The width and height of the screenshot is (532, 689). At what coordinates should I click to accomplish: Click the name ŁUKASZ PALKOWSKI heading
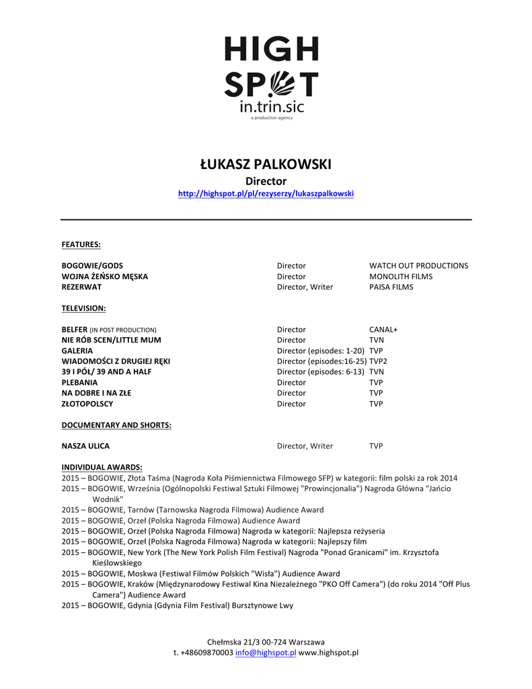point(266,165)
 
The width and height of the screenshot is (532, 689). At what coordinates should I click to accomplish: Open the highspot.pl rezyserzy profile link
point(266,194)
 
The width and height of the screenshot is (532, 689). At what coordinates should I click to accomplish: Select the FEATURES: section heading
point(81,244)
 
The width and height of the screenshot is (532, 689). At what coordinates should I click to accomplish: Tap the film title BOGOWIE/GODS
point(92,266)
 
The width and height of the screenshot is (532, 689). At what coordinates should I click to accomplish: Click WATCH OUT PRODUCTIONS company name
point(418,266)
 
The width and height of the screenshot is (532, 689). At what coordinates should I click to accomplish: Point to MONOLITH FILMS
point(401,277)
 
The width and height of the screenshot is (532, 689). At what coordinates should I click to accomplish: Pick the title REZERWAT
point(81,287)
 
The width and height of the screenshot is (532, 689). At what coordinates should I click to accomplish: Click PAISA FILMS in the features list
point(391,287)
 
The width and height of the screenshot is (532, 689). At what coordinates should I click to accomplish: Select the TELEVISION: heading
point(84,308)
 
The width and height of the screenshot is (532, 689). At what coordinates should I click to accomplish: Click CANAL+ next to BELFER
point(383,330)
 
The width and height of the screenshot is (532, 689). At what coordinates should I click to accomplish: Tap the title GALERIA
point(77,351)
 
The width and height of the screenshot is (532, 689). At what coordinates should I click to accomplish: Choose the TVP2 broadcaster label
point(378,361)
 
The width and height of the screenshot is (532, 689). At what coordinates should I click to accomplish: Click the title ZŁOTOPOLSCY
point(87,404)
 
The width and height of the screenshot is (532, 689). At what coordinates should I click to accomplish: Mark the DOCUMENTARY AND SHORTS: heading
point(116,425)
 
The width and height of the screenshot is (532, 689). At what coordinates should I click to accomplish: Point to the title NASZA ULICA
point(85,446)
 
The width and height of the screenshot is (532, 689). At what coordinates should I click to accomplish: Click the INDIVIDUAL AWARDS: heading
point(102,467)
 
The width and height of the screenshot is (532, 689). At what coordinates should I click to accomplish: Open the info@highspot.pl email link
point(266,653)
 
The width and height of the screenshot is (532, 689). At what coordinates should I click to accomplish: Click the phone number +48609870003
point(206,653)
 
